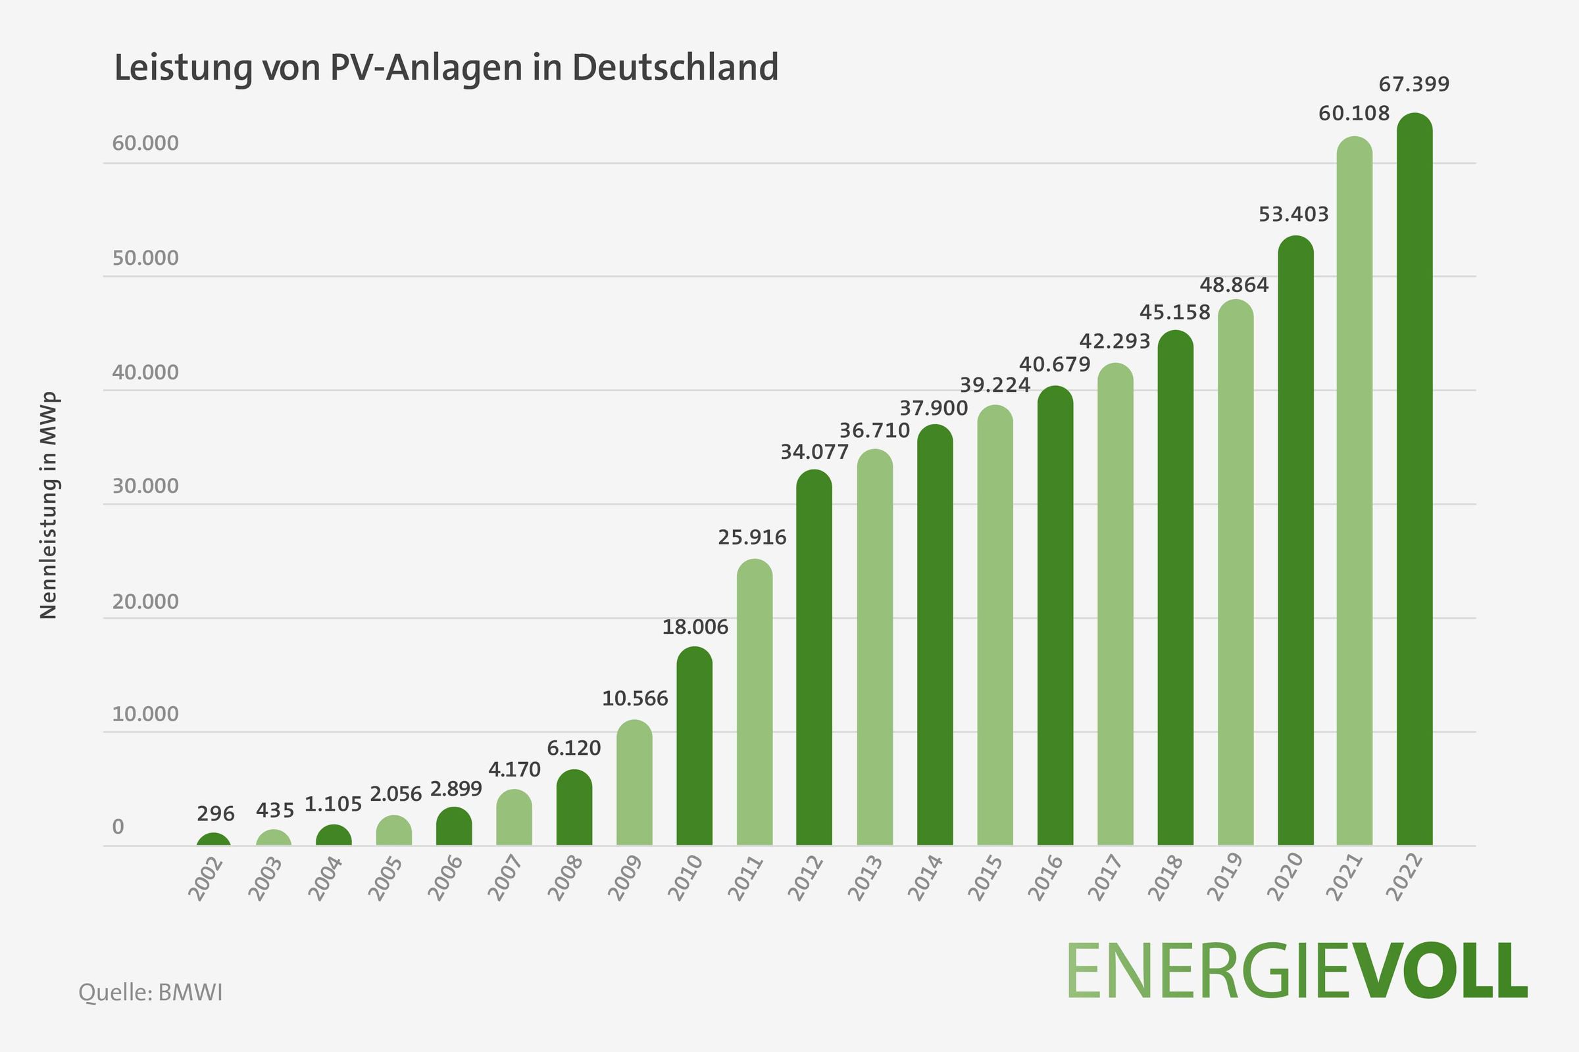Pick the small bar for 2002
click(213, 840)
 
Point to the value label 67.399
click(1414, 85)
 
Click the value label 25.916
click(752, 537)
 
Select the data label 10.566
click(635, 698)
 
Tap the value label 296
click(216, 814)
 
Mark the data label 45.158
click(1175, 312)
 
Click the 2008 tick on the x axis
click(565, 878)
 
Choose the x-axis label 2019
click(1225, 878)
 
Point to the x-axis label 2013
click(865, 878)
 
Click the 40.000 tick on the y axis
click(145, 372)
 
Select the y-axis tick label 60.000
click(145, 143)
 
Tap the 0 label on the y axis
click(118, 826)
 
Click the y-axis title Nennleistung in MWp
click(48, 504)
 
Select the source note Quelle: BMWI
click(151, 992)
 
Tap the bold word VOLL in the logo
click(1430, 971)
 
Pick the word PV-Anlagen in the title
click(427, 68)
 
